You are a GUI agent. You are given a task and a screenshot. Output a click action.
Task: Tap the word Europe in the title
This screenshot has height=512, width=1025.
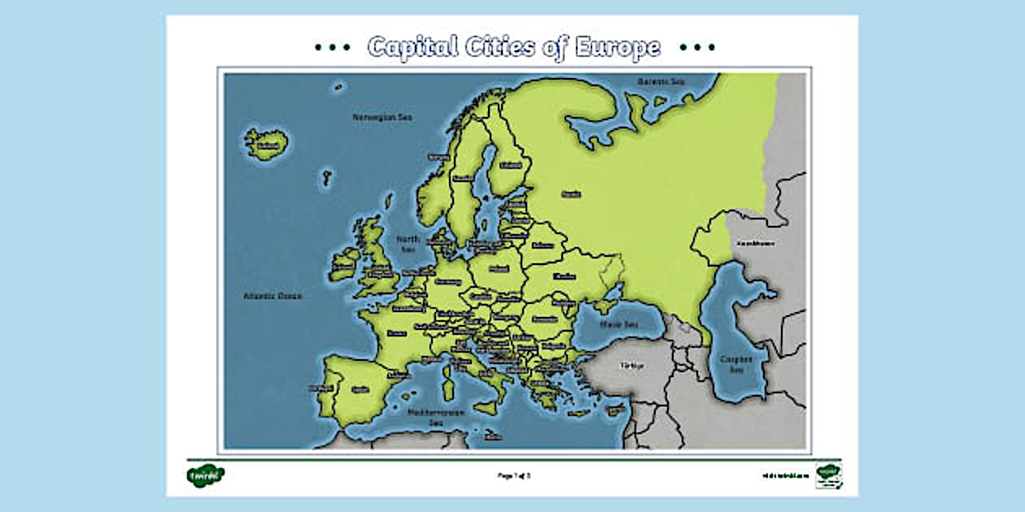(617, 46)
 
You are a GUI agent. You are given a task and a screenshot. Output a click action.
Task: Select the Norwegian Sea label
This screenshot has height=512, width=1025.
(382, 117)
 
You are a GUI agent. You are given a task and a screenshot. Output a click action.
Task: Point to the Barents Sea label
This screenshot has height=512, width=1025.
(661, 81)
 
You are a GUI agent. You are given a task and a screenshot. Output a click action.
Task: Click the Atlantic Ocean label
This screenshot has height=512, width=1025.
(273, 296)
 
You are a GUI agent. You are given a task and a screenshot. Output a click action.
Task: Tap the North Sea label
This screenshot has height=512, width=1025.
(408, 245)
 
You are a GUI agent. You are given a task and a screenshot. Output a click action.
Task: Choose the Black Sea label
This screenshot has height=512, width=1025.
(619, 324)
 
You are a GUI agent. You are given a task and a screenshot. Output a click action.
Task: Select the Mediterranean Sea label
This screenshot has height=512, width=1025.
(435, 417)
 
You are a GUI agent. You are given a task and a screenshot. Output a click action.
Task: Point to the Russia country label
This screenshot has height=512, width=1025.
(571, 194)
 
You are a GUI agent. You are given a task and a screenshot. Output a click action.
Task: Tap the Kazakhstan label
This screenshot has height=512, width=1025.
(755, 243)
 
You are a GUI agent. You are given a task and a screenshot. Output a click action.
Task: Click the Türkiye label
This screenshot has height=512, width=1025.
(632, 366)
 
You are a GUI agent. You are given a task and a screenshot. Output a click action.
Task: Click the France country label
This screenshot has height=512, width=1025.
(397, 332)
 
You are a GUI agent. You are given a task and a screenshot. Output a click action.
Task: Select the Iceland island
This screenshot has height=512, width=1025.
(265, 145)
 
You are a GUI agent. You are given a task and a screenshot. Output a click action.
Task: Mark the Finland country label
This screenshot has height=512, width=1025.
(511, 165)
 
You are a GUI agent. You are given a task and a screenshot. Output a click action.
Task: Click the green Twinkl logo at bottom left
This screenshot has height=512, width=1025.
(204, 475)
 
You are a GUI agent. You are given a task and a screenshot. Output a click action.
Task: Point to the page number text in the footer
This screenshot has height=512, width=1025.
(513, 475)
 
